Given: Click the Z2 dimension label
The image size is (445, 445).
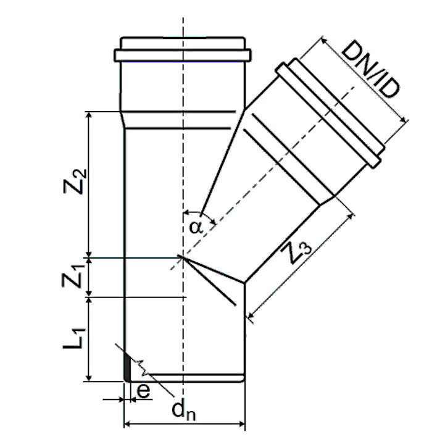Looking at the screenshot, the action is (75, 181).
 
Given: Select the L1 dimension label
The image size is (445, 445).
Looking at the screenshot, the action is (74, 338).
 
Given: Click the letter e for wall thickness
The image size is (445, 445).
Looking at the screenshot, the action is (143, 391).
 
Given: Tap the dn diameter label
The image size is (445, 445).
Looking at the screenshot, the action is (184, 410).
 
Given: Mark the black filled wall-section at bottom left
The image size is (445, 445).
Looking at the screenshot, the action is (127, 367).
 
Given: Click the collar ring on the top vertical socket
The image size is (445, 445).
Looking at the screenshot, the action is (183, 55).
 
